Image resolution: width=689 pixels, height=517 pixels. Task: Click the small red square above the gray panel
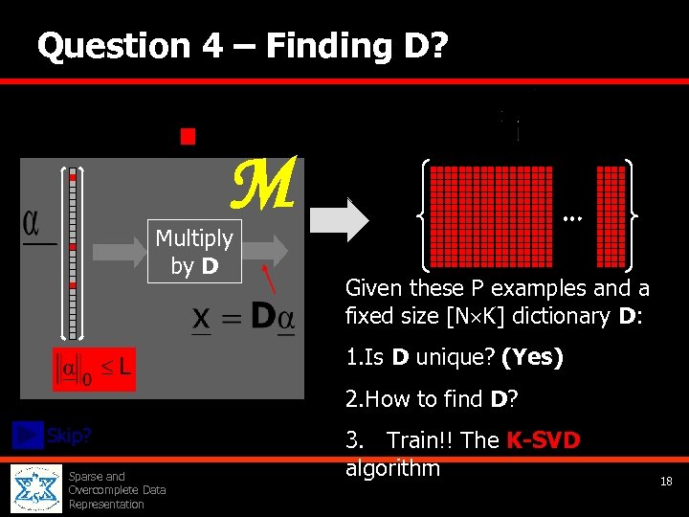pos(188,136)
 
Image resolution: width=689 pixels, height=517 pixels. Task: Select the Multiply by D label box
pos(194,251)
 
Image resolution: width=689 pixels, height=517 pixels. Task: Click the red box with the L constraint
pos(94,369)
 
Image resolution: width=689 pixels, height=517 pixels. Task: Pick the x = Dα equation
pos(243,318)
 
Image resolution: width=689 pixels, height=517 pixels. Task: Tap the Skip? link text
pos(69,436)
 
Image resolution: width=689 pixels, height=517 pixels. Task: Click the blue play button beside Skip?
pos(27,435)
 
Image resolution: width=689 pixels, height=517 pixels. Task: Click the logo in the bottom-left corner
pos(36,488)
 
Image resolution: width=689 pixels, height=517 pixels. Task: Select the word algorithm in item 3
pos(392,468)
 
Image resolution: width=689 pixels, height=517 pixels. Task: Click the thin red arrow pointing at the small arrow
pos(275,281)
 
